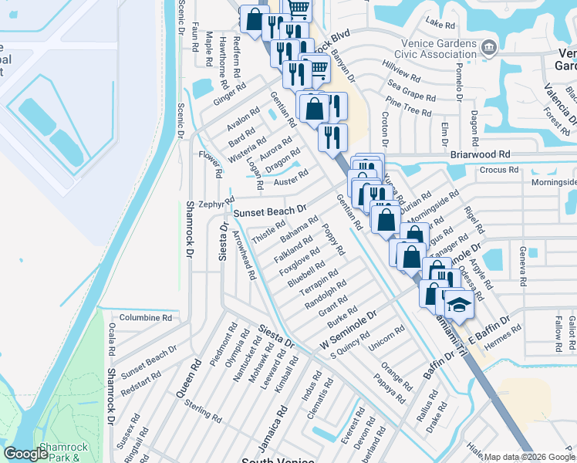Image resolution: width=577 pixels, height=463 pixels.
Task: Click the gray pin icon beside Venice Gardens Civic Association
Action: tap(488, 49)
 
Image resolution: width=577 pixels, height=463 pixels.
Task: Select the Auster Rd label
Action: tap(291, 177)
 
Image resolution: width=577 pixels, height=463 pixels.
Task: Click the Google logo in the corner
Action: tap(25, 454)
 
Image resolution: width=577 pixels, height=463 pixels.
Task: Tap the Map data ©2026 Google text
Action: tap(529, 457)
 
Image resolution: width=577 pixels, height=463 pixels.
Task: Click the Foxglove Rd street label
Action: tap(299, 262)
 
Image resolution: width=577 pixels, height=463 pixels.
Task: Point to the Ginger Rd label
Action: tap(229, 94)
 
